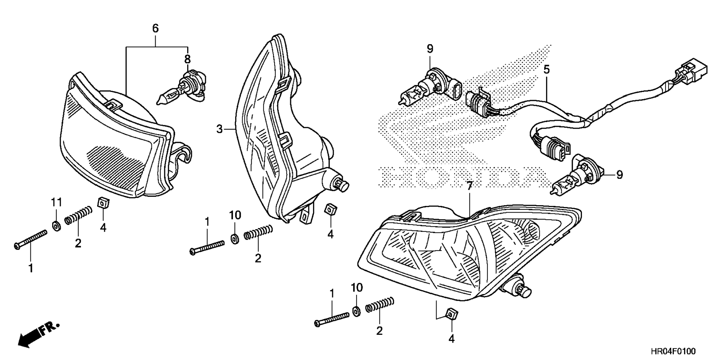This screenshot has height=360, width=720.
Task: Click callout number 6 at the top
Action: point(155,28)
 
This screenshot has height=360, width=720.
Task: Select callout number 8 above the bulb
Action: point(187,59)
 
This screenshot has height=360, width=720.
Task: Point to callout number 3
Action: point(220,129)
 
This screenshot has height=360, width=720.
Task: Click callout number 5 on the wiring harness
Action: point(546,69)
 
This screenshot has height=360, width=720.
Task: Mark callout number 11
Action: point(56,203)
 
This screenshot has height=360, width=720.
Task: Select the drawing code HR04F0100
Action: point(673,351)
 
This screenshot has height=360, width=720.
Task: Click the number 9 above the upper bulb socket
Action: point(430,49)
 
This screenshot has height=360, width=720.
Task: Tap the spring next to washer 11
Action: point(78,215)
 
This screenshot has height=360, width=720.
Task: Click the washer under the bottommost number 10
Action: point(357,311)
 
